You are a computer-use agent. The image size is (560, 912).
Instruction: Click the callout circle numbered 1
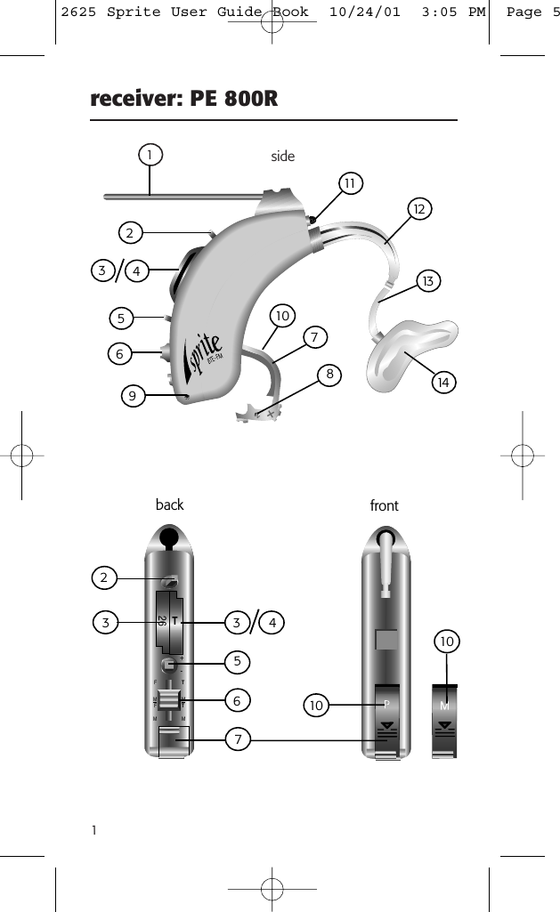coord(150,154)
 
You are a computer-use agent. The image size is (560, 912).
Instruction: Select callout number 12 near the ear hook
coord(419,208)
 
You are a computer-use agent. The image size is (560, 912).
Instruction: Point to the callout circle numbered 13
coord(429,281)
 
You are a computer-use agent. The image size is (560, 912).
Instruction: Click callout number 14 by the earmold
coord(442,383)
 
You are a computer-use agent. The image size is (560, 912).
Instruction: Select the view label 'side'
coord(282,157)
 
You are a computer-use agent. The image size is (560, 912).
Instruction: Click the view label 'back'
coord(169,504)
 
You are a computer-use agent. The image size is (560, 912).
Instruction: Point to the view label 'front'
coord(384,505)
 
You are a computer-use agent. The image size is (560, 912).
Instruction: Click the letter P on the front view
coord(387,703)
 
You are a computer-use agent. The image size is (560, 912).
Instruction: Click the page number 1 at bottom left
coord(93,830)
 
